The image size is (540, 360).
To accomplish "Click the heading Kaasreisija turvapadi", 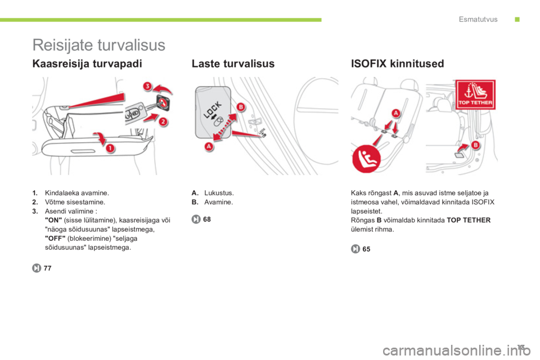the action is click(87, 64).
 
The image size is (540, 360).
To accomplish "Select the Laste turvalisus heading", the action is click(233, 64).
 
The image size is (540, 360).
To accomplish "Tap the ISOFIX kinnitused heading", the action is click(398, 64).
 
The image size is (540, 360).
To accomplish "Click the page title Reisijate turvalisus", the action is click(99, 45).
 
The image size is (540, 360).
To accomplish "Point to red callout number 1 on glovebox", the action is click(110, 148).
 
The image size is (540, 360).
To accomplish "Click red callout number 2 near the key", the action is click(163, 121).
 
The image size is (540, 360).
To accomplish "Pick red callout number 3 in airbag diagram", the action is click(147, 85).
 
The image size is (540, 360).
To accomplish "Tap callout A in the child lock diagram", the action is click(209, 146).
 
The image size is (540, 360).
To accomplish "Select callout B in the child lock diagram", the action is click(241, 107).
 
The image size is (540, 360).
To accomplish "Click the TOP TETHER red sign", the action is click(475, 94).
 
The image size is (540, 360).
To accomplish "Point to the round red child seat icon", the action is click(366, 159).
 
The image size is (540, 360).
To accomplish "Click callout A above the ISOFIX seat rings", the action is click(395, 112).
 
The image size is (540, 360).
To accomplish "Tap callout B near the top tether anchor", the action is click(475, 145).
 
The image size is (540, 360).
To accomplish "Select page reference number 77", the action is click(47, 268).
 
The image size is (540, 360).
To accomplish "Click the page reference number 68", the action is click(207, 219).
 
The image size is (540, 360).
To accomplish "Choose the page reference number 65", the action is click(366, 249).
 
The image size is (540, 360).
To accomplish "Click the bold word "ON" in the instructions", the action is click(53, 220).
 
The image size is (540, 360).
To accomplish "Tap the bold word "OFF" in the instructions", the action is click(55, 238).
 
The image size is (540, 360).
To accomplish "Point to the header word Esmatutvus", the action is click(478, 19).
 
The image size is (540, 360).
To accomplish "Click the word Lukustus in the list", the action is click(219, 193).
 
